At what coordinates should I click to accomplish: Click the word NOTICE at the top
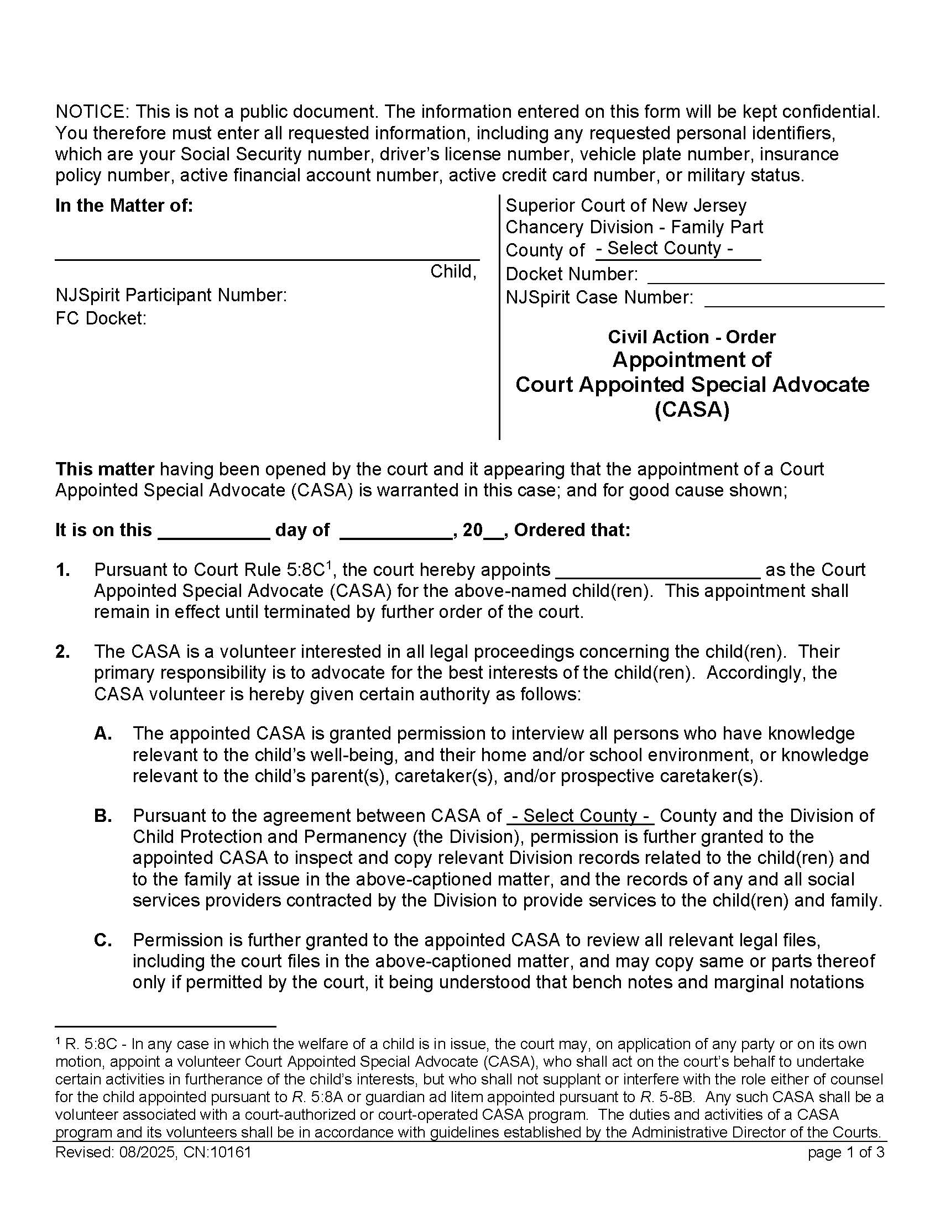[x=91, y=112]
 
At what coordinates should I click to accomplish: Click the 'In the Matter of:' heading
[x=124, y=206]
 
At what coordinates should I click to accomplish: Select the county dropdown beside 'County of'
[x=677, y=248]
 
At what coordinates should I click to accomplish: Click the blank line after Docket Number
[x=765, y=275]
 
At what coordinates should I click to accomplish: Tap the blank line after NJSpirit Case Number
[x=794, y=298]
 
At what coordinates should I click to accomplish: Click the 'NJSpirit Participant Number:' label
[x=171, y=295]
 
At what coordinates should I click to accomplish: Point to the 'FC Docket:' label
[x=101, y=318]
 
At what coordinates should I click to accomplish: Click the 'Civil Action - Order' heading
[x=692, y=337]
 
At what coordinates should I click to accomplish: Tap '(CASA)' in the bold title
[x=692, y=410]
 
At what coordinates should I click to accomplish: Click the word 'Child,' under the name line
[x=453, y=272]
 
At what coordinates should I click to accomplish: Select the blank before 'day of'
[x=214, y=531]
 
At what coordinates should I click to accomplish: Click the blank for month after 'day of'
[x=395, y=531]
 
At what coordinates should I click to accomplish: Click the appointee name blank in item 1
[x=657, y=571]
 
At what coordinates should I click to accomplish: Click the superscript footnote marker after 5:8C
[x=329, y=565]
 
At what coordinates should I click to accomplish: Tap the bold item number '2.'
[x=62, y=652]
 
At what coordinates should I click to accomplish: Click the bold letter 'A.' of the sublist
[x=103, y=734]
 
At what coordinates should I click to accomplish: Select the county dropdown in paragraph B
[x=580, y=816]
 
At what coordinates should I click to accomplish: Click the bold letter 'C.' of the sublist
[x=103, y=940]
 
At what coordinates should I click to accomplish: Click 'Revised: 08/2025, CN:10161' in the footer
[x=153, y=1152]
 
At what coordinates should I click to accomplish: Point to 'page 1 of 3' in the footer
[x=845, y=1152]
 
